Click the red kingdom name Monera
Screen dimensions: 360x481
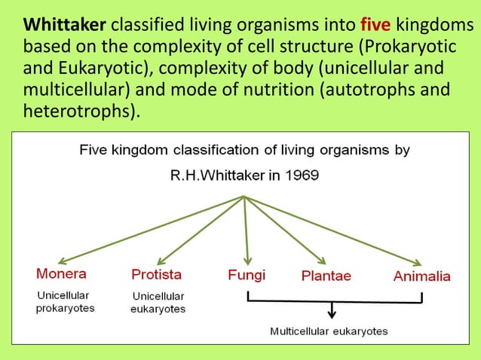pyautogui.click(x=61, y=273)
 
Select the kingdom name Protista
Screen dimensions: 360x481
pyautogui.click(x=156, y=273)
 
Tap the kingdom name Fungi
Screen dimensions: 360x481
pyautogui.click(x=247, y=275)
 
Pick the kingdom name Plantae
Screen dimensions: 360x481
pyautogui.click(x=326, y=276)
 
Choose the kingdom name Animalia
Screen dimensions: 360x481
pyautogui.click(x=421, y=276)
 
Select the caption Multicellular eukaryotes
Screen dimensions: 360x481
pyautogui.click(x=329, y=331)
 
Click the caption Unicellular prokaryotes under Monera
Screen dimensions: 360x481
pyautogui.click(x=66, y=302)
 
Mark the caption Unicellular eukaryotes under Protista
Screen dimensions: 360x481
pyautogui.click(x=158, y=302)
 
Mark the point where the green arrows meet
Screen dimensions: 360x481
pyautogui.click(x=244, y=197)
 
